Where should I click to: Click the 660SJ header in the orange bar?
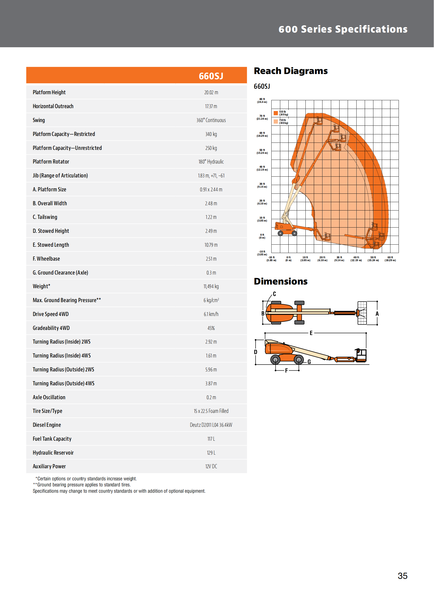(x=211, y=76)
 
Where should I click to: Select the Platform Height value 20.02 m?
(x=211, y=92)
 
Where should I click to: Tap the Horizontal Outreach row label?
(x=53, y=107)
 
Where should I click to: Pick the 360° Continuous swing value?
(x=211, y=120)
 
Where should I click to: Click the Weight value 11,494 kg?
(x=211, y=286)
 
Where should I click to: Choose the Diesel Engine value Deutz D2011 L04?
(x=211, y=425)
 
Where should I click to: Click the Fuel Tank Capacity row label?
(x=52, y=439)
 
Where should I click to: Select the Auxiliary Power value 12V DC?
(x=211, y=466)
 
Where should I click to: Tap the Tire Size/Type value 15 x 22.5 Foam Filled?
(x=211, y=411)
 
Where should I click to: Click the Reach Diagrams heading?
(x=290, y=71)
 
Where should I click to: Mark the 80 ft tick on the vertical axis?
(x=262, y=101)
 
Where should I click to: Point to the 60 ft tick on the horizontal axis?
(x=390, y=259)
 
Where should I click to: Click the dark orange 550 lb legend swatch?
(x=276, y=113)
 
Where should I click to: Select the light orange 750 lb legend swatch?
(x=276, y=122)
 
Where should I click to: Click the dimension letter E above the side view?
(x=311, y=333)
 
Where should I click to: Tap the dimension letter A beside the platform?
(x=377, y=314)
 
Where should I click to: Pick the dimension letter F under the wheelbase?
(x=286, y=371)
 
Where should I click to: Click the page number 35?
(x=403, y=576)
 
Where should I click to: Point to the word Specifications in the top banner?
(x=371, y=29)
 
